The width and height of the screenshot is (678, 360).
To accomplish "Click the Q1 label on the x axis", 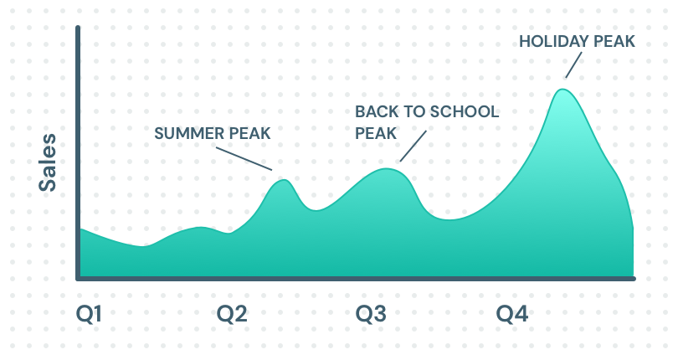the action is pyautogui.click(x=89, y=314).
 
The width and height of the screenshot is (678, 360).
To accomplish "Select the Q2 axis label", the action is pyautogui.click(x=232, y=314).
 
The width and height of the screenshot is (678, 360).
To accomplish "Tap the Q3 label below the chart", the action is pyautogui.click(x=371, y=314).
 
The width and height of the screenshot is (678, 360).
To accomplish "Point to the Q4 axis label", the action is pyautogui.click(x=512, y=314).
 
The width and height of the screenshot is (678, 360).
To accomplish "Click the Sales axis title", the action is pyautogui.click(x=48, y=162).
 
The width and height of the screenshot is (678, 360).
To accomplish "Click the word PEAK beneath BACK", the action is pyautogui.click(x=376, y=133).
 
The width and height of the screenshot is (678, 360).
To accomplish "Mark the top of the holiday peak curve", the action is pyautogui.click(x=562, y=90).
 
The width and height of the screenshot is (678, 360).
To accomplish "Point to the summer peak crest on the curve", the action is pyautogui.click(x=283, y=180).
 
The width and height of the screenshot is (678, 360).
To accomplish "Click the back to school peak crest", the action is pyautogui.click(x=386, y=169).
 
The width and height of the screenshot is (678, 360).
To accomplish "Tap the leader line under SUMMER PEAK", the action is pyautogui.click(x=244, y=159).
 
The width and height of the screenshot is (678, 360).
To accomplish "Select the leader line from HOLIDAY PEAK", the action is pyautogui.click(x=573, y=65).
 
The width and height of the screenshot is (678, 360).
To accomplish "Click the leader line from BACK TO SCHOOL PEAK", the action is pyautogui.click(x=413, y=147).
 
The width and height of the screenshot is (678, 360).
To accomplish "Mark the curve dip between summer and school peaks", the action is pyautogui.click(x=316, y=210).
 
